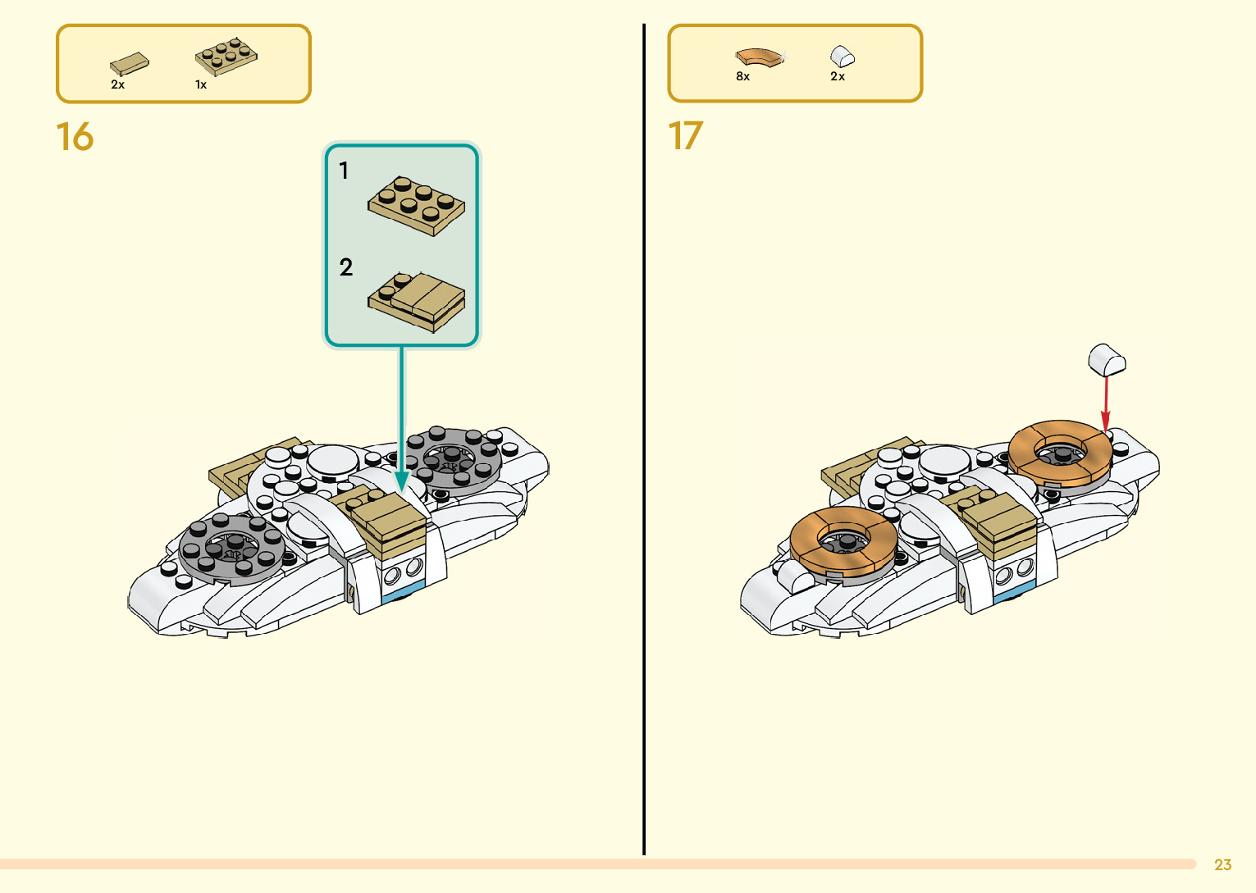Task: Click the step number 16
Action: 75,137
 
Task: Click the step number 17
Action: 686,136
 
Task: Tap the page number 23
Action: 1222,864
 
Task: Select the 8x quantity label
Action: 742,76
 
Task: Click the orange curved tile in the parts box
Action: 760,57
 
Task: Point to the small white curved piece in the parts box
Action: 843,56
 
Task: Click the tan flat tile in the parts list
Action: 130,64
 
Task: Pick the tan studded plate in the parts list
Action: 226,57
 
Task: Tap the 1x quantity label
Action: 200,84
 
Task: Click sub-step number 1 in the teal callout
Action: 344,171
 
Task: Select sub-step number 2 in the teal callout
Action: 345,267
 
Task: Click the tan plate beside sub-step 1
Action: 416,205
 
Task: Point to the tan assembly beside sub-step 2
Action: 417,302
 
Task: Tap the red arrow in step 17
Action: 1106,402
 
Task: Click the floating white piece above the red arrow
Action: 1107,360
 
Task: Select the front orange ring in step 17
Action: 843,539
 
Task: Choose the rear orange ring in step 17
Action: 1061,452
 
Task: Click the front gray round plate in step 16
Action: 232,546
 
